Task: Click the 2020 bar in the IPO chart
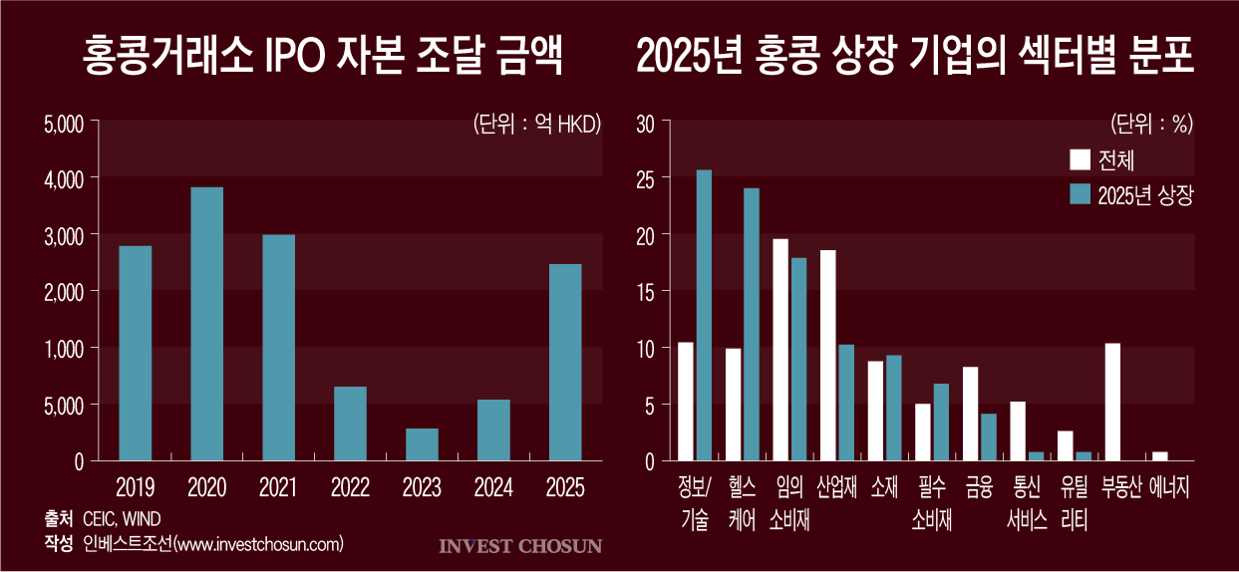[x=206, y=324]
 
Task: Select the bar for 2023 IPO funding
[x=422, y=444]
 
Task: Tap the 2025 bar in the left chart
[x=565, y=362]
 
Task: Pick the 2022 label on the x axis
[x=350, y=487]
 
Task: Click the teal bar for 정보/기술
[x=704, y=315]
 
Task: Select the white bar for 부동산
[x=1113, y=402]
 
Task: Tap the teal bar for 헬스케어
[x=752, y=324]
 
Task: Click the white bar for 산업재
[x=828, y=355]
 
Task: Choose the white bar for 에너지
[x=1160, y=456]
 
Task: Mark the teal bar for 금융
[x=989, y=436]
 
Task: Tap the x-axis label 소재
[x=884, y=487]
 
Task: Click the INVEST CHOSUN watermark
[x=520, y=546]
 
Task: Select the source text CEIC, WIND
[x=122, y=518]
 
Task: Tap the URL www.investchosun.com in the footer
[x=257, y=543]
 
